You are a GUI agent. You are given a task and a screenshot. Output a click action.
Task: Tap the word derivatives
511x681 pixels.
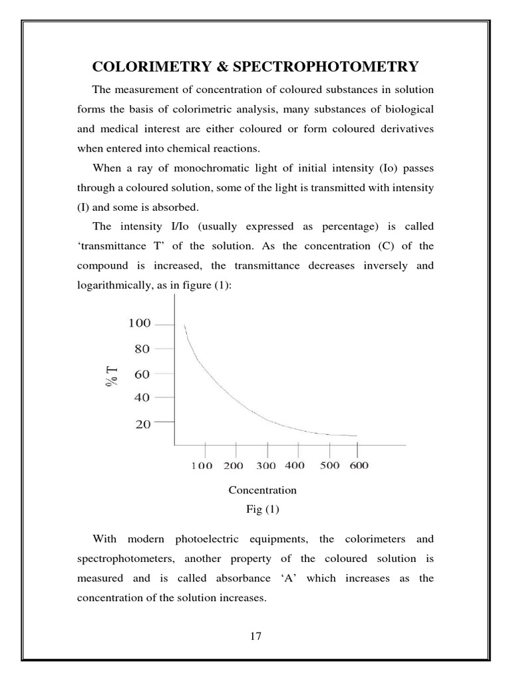tap(401, 129)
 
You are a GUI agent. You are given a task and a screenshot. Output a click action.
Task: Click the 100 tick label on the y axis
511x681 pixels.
tap(140, 324)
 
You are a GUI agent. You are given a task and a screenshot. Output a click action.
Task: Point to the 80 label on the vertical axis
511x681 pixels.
tap(143, 348)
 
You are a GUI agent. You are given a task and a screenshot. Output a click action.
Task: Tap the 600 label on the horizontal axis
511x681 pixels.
tap(359, 466)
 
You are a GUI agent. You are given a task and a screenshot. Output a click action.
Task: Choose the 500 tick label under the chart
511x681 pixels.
tap(329, 466)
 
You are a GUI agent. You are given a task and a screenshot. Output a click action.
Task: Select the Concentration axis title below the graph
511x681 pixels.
tap(262, 490)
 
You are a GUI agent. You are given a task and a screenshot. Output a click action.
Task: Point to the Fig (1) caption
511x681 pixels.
tap(263, 509)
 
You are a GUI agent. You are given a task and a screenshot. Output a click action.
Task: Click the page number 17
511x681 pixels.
tap(256, 636)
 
